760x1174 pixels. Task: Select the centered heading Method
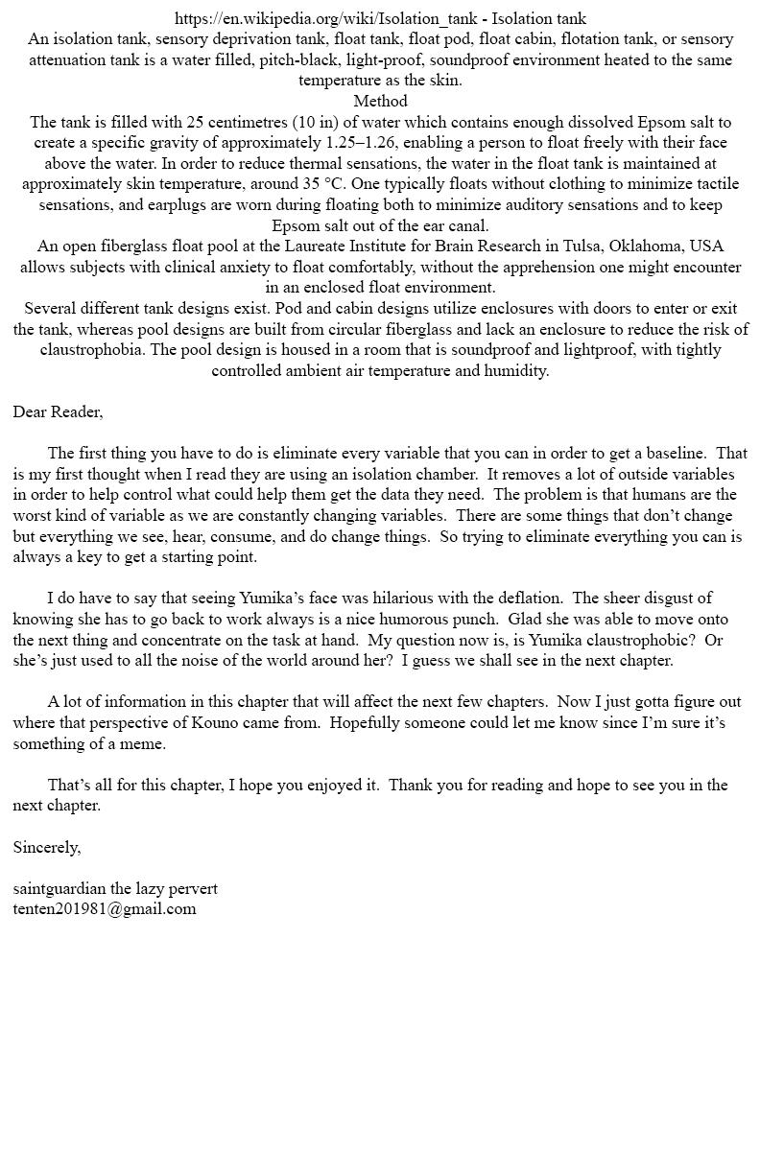[380, 102]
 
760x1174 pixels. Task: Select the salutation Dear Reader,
[58, 412]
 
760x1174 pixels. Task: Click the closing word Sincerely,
[47, 848]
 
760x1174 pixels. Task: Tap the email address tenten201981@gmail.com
[105, 909]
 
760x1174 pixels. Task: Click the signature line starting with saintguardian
[115, 889]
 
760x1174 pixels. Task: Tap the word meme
[146, 744]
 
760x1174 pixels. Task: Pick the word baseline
[672, 454]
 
